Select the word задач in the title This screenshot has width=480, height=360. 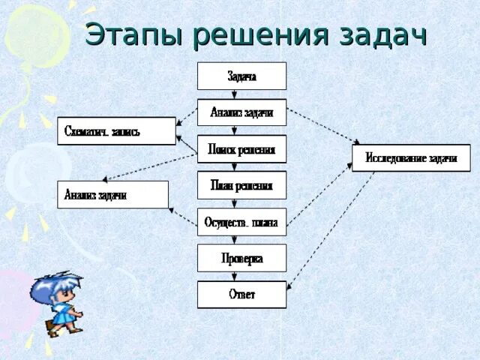[x=382, y=35]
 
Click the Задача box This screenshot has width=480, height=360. [x=241, y=76]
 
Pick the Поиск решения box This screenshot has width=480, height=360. [x=241, y=148]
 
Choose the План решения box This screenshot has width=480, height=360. [x=241, y=185]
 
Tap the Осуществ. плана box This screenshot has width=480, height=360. [x=241, y=222]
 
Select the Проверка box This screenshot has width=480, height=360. [x=241, y=258]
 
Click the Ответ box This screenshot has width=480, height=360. [x=241, y=294]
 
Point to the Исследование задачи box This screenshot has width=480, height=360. [x=411, y=157]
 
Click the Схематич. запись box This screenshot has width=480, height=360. [x=116, y=131]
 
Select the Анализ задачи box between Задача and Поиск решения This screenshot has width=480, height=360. [x=241, y=112]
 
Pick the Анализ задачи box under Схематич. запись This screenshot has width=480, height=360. [x=112, y=195]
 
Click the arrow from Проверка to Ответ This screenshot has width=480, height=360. [x=235, y=276]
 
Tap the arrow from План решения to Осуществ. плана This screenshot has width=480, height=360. [x=235, y=203]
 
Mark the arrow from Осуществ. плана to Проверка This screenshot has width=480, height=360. [x=235, y=240]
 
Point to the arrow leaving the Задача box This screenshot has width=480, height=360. [x=235, y=94]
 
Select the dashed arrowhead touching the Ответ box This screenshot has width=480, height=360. [x=289, y=287]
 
